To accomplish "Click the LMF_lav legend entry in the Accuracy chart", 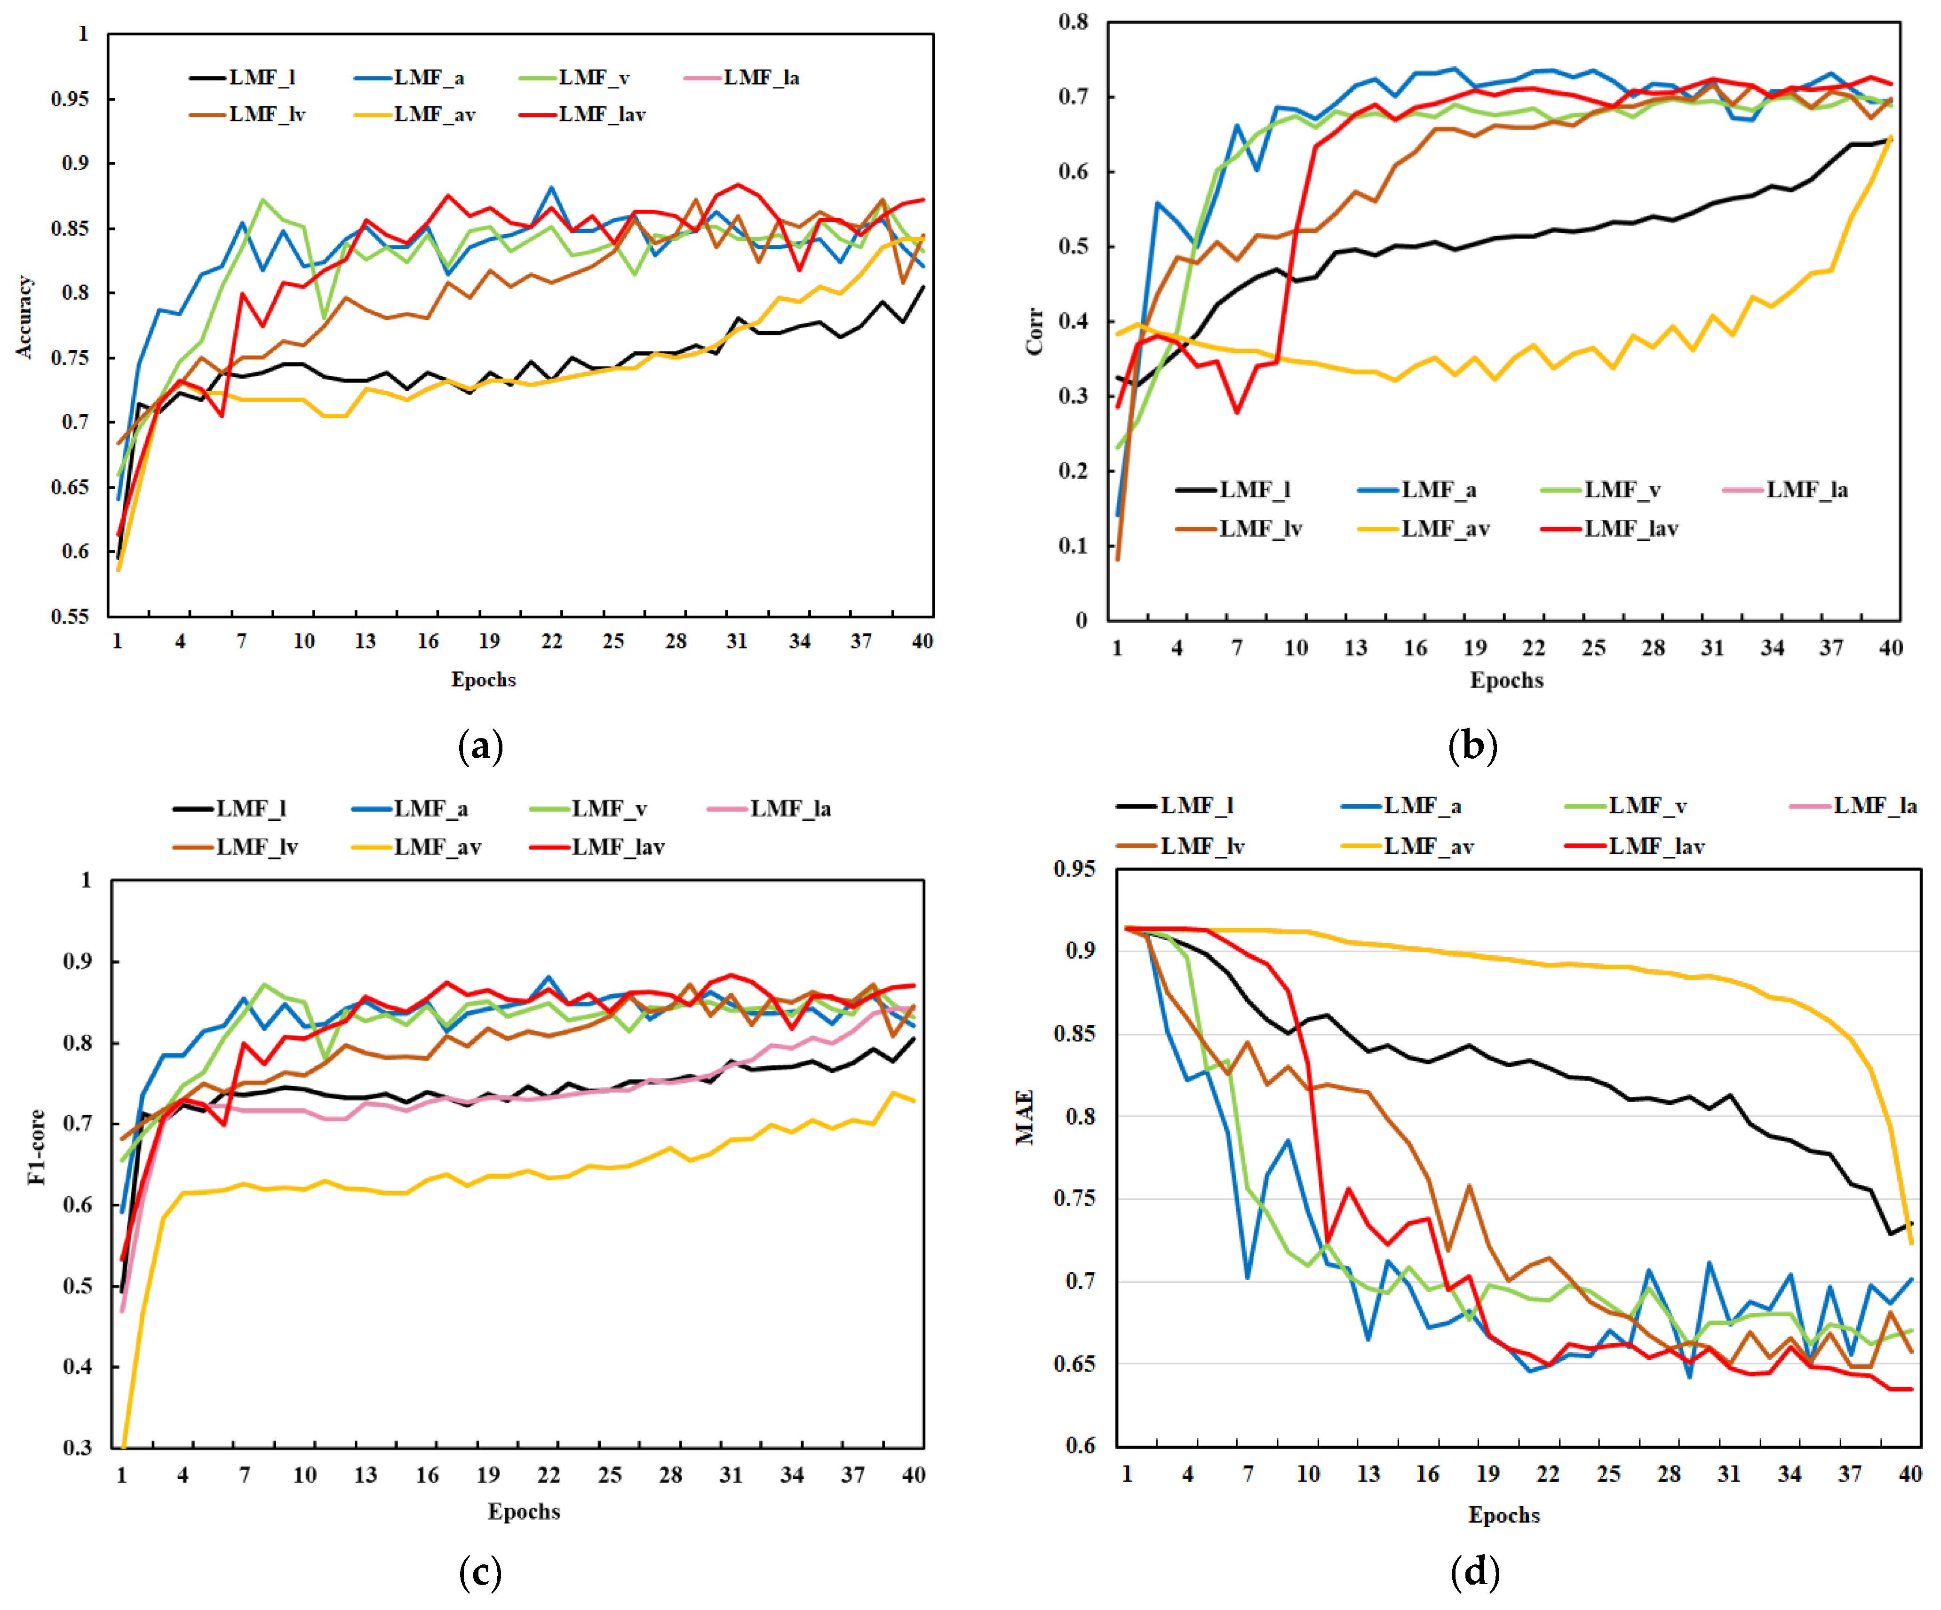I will pyautogui.click(x=601, y=115).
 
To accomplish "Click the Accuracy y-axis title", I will pyautogui.click(x=24, y=317).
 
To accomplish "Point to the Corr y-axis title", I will pyautogui.click(x=1034, y=331).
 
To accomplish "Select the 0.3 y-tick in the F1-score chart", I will pyautogui.click(x=78, y=1447).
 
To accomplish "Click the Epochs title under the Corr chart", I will pyautogui.click(x=1507, y=680).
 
